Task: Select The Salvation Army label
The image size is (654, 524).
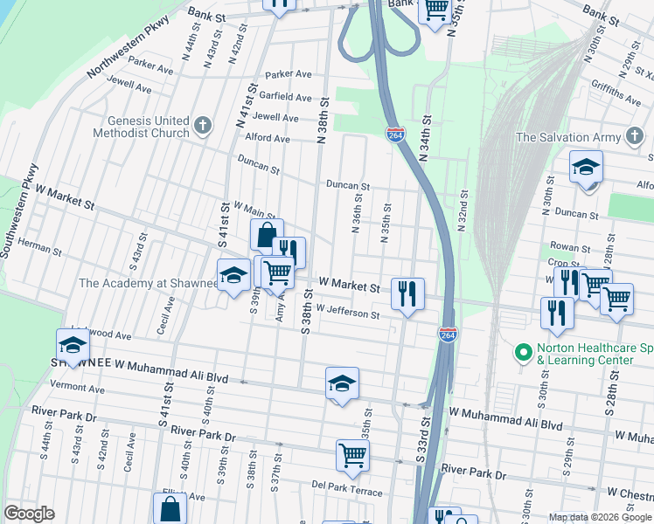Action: coord(567,137)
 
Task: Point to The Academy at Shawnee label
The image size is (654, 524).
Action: coord(148,283)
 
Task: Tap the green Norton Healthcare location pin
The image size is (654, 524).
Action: coord(524,352)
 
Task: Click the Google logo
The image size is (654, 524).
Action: coord(29,514)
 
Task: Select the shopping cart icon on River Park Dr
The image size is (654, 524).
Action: coord(352,453)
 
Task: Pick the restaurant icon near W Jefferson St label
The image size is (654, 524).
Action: coord(407,293)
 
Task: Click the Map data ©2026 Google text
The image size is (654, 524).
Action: coord(600,517)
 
